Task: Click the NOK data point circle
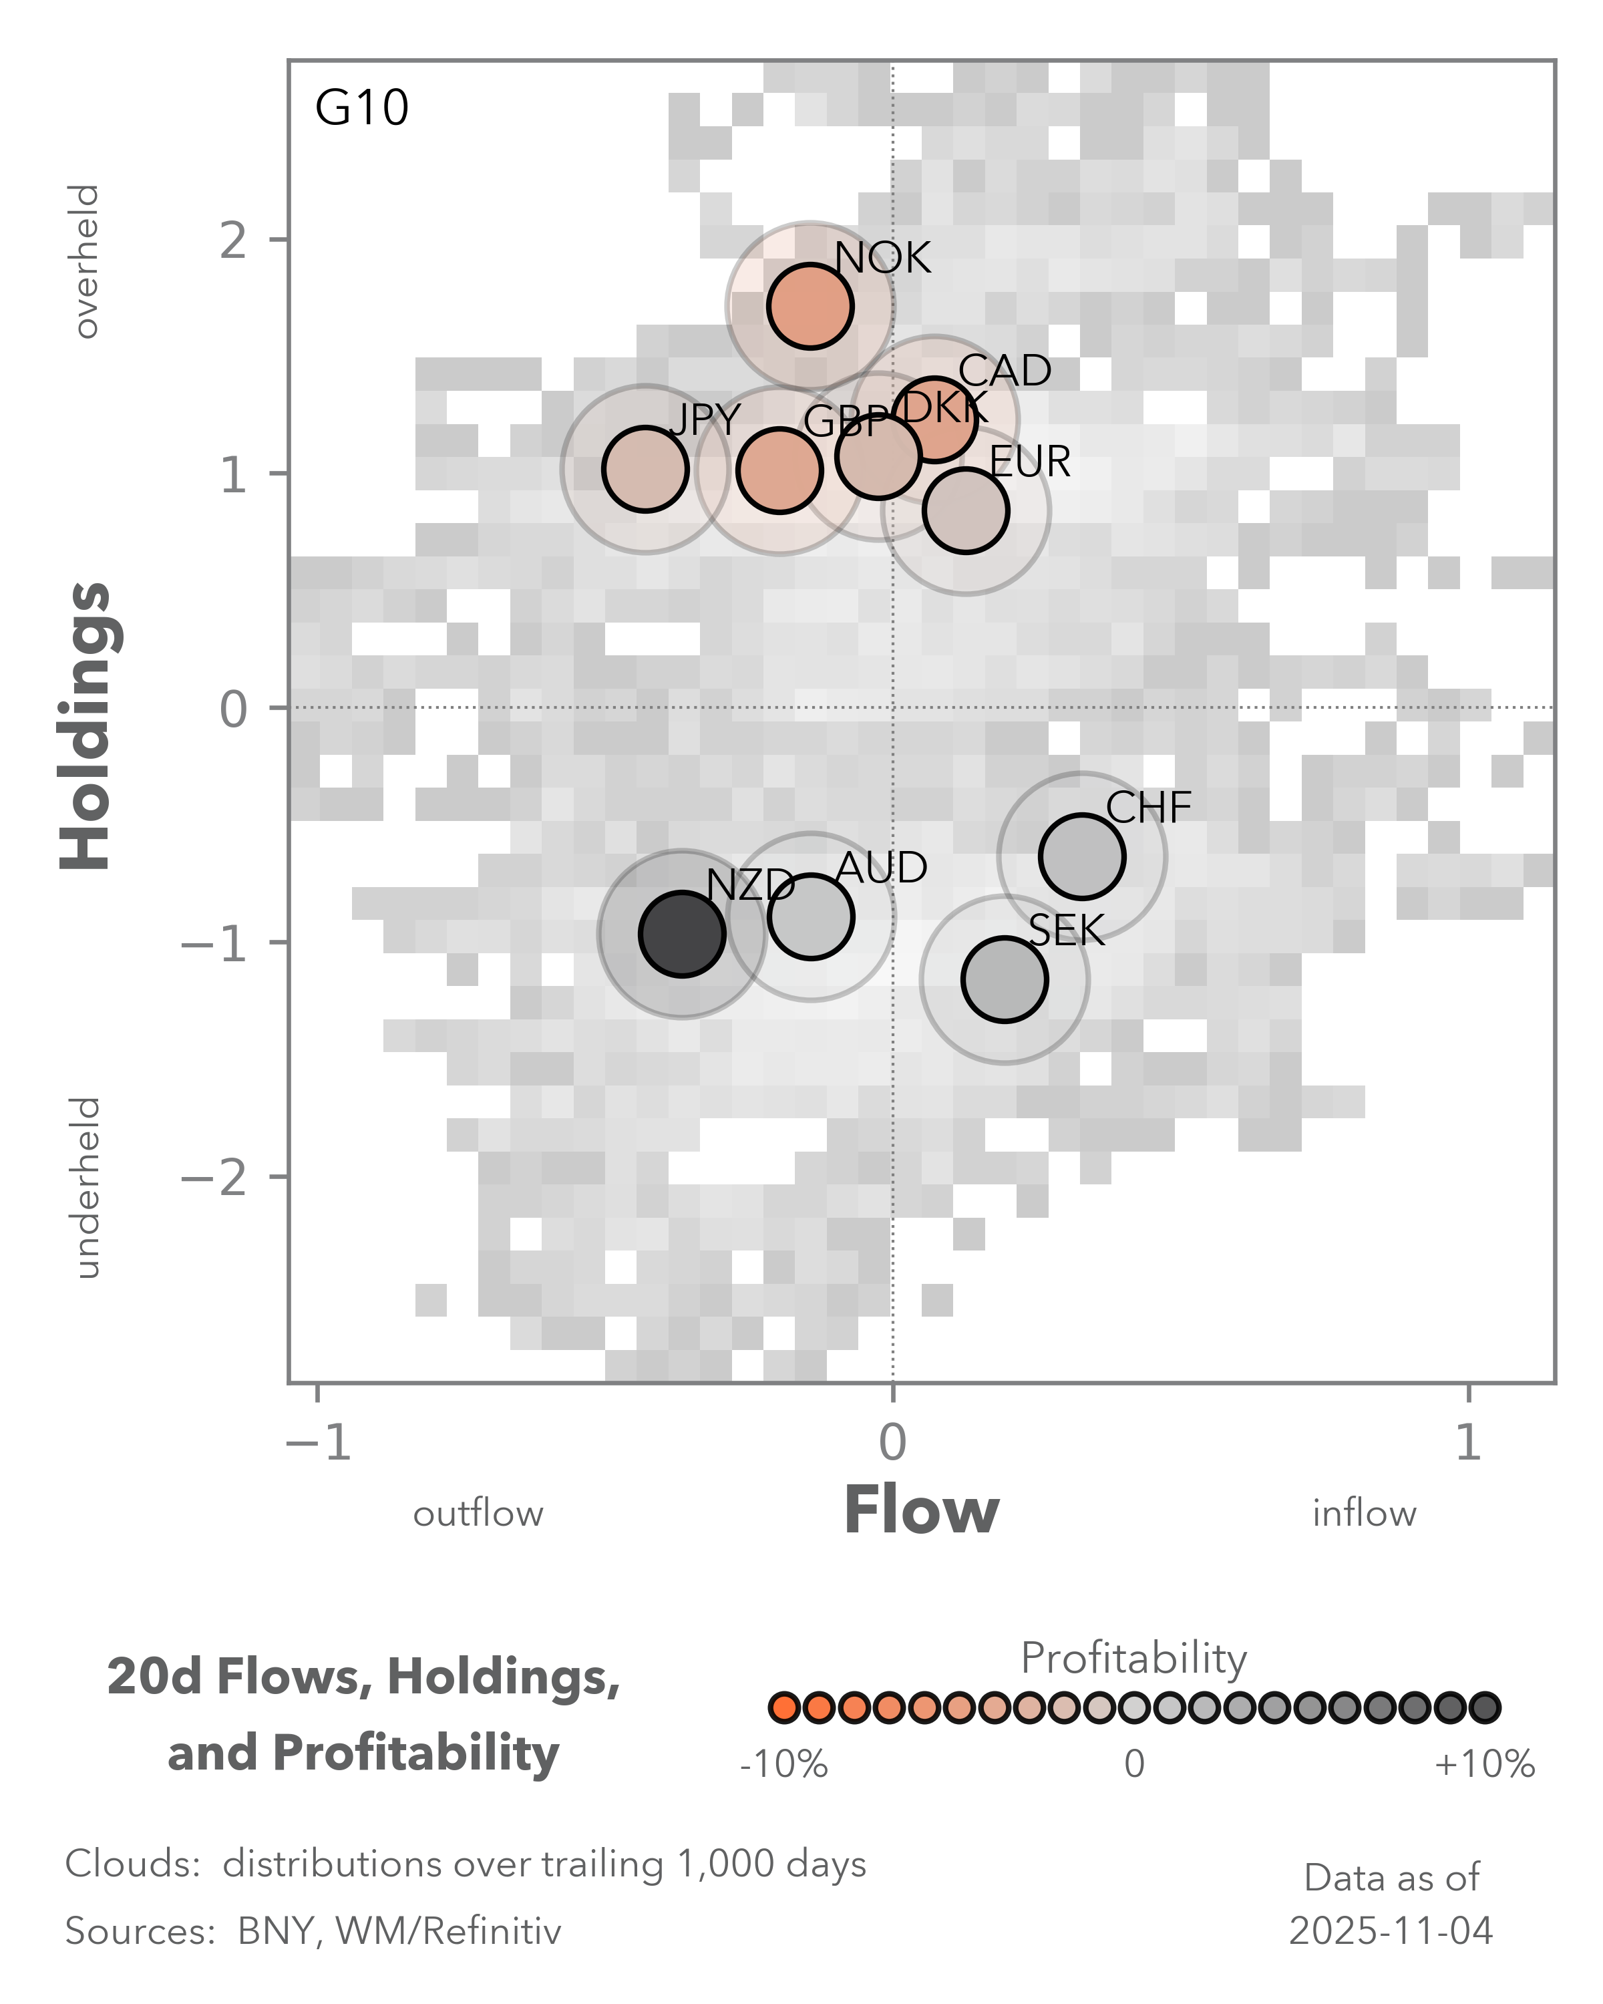[810, 306]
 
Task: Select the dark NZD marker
[682, 933]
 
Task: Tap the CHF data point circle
[1081, 856]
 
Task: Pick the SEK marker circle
[1005, 979]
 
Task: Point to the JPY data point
[645, 468]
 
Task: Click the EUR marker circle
[966, 510]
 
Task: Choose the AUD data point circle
[812, 916]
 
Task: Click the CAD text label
[1005, 371]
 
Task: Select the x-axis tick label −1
[319, 1444]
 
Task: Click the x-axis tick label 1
[1467, 1444]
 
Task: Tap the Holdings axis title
[85, 726]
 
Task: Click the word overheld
[85, 261]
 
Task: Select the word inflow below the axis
[1363, 1514]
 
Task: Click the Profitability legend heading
[1133, 1658]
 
